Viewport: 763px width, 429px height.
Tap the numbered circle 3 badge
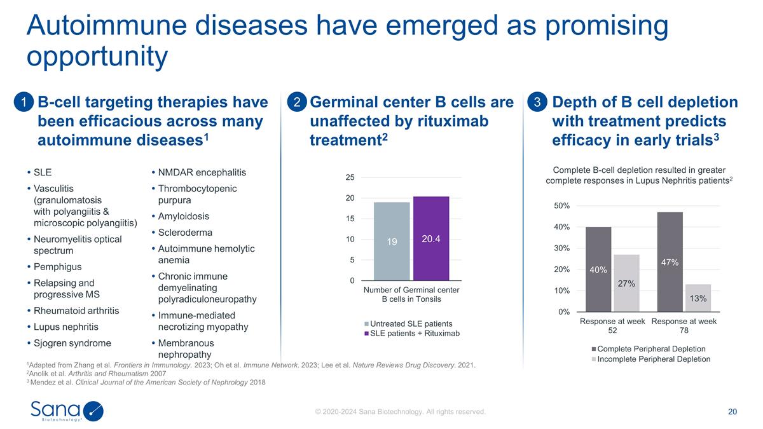[x=537, y=102]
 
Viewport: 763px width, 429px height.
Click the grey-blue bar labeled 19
[x=392, y=242]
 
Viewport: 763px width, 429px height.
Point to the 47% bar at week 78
[x=670, y=262]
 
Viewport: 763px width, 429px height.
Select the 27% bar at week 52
[x=626, y=283]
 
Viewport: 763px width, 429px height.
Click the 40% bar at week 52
[x=598, y=269]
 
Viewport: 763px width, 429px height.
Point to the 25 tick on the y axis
[x=350, y=177]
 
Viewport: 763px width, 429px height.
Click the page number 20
[x=732, y=412]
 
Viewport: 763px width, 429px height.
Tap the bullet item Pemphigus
[x=57, y=267]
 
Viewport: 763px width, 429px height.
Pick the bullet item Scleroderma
[x=185, y=233]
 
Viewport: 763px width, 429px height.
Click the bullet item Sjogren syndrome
[x=72, y=343]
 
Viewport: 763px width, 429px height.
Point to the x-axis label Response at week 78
[x=684, y=326]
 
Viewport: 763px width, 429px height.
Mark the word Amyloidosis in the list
[x=183, y=216]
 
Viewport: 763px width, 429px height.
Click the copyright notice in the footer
[x=401, y=412]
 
